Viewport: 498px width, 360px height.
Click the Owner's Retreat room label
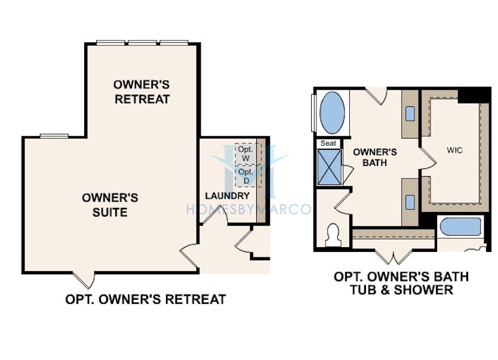tap(142, 92)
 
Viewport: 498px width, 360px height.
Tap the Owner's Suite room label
tap(110, 205)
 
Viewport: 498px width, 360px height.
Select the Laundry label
tap(228, 196)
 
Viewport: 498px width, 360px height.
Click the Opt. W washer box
tap(246, 154)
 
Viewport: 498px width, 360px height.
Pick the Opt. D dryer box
tap(246, 176)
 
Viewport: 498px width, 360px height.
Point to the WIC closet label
tap(454, 150)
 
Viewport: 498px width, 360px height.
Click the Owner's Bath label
tap(375, 157)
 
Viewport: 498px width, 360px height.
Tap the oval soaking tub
tap(332, 112)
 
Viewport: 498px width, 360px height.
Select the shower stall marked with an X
tap(330, 167)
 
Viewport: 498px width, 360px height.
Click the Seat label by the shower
tap(328, 143)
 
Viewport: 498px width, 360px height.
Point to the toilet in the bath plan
tap(333, 235)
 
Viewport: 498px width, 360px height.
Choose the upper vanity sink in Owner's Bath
tap(410, 113)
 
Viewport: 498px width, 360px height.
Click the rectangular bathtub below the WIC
tap(460, 227)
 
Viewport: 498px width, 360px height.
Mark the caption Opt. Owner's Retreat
tap(146, 299)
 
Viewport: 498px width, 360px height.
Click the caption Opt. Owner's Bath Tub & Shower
tap(401, 283)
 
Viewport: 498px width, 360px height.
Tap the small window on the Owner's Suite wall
tap(54, 136)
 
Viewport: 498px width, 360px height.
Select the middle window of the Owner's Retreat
tap(142, 42)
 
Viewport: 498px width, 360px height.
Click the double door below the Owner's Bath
tap(394, 257)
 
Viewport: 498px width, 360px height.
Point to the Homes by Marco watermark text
tap(248, 209)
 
